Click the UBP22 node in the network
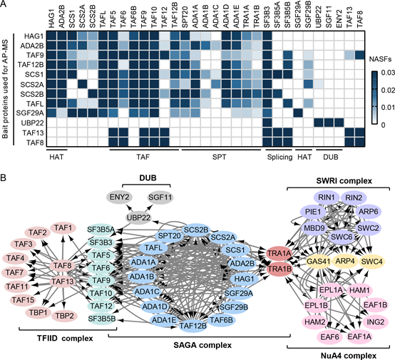click(138, 217)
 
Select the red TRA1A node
click(279, 254)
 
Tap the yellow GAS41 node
click(319, 262)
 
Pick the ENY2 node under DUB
click(119, 197)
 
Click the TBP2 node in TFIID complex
click(64, 316)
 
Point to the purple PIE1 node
click(313, 212)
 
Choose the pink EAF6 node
click(329, 336)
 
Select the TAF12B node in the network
click(193, 326)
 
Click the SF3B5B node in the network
click(102, 319)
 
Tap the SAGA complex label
click(202, 345)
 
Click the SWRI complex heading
click(344, 181)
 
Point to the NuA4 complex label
click(349, 356)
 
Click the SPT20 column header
click(185, 18)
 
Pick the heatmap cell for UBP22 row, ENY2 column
click(339, 123)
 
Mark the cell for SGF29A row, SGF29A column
click(298, 113)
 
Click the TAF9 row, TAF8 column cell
click(360, 55)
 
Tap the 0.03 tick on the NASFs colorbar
click(387, 73)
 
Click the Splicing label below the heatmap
click(279, 158)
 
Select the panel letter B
click(4, 178)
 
